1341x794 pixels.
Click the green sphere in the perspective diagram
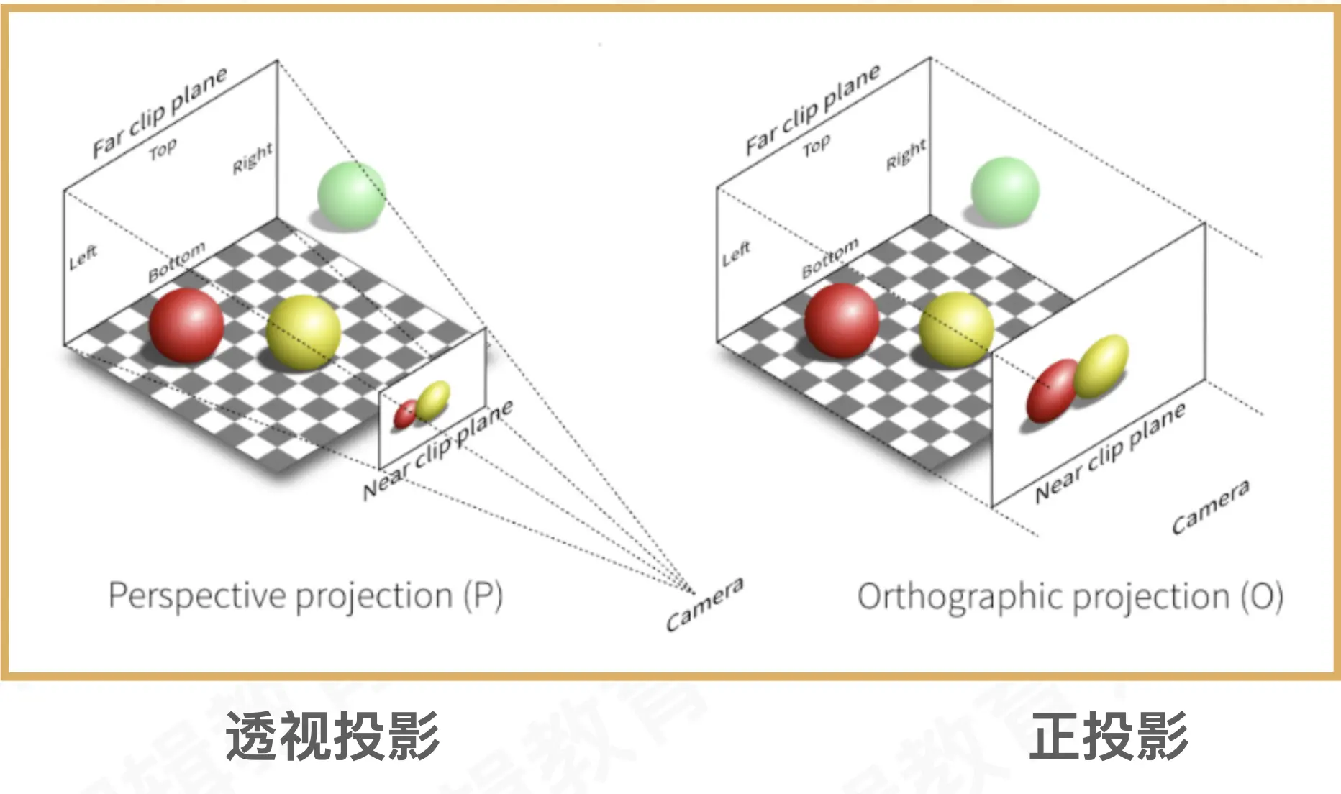pyautogui.click(x=351, y=195)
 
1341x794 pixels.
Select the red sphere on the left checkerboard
pyautogui.click(x=186, y=325)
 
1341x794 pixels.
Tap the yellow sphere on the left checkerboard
pyautogui.click(x=303, y=332)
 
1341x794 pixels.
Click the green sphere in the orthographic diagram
pyautogui.click(x=1004, y=191)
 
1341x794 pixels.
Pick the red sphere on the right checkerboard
pyautogui.click(x=841, y=321)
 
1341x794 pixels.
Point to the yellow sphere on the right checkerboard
pyautogui.click(x=956, y=329)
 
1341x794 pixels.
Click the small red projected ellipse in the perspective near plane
pyautogui.click(x=405, y=414)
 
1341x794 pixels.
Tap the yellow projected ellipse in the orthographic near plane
pyautogui.click(x=1101, y=366)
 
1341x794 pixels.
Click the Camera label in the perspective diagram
pyautogui.click(x=704, y=604)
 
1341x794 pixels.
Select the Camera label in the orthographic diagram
pyautogui.click(x=1210, y=506)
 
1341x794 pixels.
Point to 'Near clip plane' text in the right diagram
pyautogui.click(x=1109, y=452)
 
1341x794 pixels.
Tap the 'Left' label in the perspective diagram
pyautogui.click(x=83, y=257)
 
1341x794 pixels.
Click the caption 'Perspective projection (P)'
pyautogui.click(x=305, y=596)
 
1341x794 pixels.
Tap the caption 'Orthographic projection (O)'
pyautogui.click(x=1070, y=597)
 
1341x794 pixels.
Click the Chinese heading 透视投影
pyautogui.click(x=332, y=735)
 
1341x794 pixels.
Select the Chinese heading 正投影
pyautogui.click(x=1109, y=735)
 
